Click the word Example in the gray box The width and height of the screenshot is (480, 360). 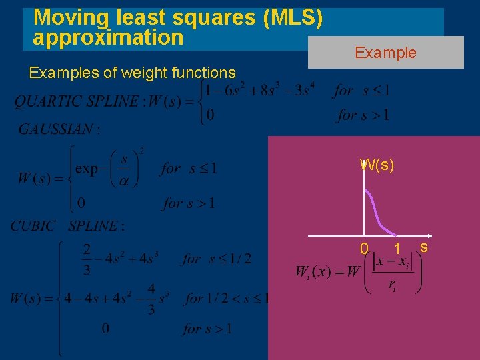[385, 53]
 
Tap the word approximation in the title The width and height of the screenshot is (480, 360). [108, 37]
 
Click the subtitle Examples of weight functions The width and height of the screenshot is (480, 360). [132, 72]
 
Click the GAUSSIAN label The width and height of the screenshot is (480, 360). [57, 129]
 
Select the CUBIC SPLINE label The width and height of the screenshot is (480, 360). [67, 226]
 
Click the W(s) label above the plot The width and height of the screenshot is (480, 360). [377, 165]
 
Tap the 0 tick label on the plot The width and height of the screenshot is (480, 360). [364, 249]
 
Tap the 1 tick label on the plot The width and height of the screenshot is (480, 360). [397, 249]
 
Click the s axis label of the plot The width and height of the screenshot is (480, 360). [423, 247]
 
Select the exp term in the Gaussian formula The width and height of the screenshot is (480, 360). [87, 169]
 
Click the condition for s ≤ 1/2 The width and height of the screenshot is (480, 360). [217, 259]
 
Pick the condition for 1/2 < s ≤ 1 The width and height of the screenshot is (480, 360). [227, 298]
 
